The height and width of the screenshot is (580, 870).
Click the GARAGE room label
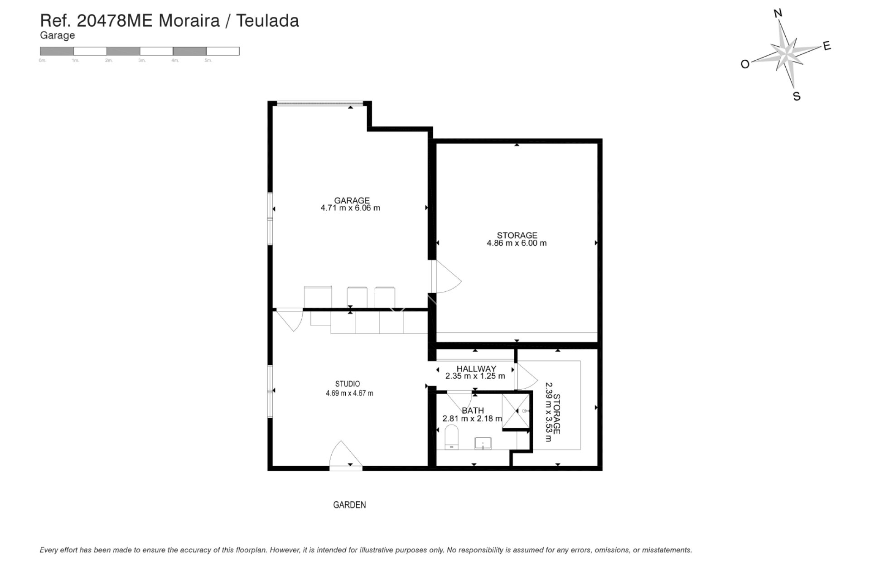coord(352,200)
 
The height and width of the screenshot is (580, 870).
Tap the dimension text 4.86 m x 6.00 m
coord(517,243)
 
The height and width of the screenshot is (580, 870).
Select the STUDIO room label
coord(348,384)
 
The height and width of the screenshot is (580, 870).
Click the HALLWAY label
coord(476,369)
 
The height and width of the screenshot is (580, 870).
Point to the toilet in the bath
coord(452,438)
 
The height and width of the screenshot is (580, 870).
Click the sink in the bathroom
coord(483,443)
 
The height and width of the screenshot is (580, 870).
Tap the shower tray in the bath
coord(516,411)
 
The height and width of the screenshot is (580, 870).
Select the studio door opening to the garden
coord(345,455)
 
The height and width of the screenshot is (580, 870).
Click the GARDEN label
coord(349,505)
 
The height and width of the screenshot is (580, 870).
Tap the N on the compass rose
coord(778,14)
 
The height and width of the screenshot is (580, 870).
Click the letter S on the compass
coord(797,97)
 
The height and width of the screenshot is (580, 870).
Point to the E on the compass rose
coord(826,46)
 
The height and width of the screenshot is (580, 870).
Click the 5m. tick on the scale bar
coord(208,60)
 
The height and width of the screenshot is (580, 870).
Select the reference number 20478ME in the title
coord(115,21)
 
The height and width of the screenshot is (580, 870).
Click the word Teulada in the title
coord(267,21)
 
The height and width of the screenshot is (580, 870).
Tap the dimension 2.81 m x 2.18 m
coord(472,419)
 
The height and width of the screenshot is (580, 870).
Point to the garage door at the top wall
coord(320,104)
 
